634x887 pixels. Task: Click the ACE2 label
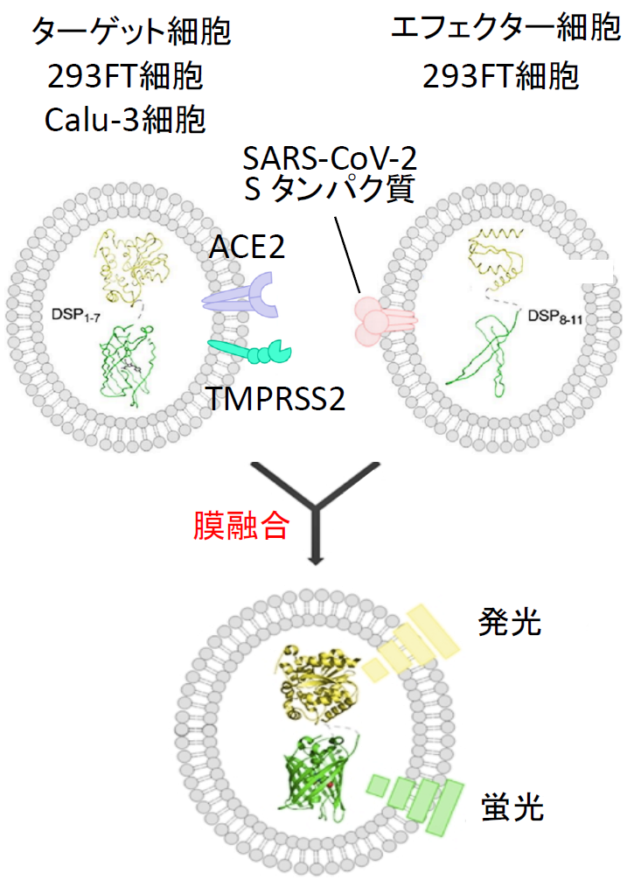(247, 247)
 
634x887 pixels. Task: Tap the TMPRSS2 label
(275, 399)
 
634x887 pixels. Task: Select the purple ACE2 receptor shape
(241, 296)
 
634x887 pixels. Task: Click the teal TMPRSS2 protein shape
(249, 352)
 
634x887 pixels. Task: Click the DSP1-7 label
(76, 315)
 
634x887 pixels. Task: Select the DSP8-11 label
(554, 317)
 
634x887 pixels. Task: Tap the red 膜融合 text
(241, 526)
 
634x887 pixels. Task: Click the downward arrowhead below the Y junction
(317, 560)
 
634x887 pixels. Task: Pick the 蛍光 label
(512, 807)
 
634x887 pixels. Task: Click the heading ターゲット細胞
(130, 31)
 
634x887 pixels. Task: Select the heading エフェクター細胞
(506, 28)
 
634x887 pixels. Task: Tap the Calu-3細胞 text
(125, 120)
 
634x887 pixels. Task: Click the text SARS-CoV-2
(330, 158)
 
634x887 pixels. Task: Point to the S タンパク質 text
(330, 188)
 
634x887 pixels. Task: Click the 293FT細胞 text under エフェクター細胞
(500, 76)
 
